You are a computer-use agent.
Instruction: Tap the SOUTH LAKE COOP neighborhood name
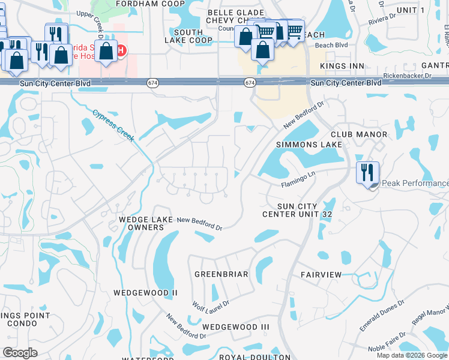188,36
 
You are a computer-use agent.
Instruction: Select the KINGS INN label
342,65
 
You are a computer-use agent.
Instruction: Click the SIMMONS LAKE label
309,145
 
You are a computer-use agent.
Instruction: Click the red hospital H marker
121,51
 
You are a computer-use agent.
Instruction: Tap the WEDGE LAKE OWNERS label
142,223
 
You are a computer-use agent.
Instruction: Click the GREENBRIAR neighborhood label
221,274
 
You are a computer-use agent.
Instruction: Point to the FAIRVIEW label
321,275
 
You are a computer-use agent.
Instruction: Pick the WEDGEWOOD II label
146,293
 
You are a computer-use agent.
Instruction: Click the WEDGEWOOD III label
236,326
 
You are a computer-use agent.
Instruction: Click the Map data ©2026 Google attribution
412,355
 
